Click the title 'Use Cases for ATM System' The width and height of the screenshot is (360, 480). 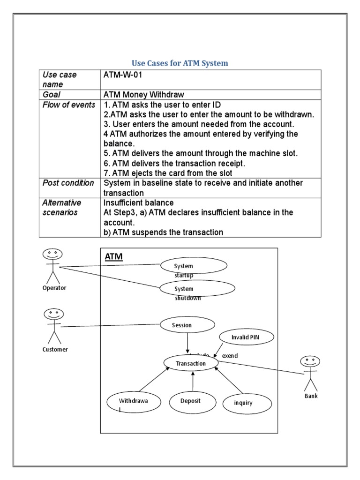180,63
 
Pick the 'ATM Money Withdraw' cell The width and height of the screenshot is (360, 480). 144,94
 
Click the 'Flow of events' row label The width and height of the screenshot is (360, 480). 68,105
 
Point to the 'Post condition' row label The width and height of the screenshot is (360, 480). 68,183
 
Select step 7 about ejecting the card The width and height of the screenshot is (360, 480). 168,173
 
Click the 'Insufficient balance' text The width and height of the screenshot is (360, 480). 138,202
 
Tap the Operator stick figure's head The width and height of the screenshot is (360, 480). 51,255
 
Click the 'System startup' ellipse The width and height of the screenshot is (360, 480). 194,266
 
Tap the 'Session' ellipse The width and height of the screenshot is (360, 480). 187,324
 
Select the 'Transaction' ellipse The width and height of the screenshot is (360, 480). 191,363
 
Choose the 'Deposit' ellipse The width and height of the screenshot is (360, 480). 191,401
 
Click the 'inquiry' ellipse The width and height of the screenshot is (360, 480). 247,403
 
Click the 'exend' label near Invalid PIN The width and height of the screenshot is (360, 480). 230,356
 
